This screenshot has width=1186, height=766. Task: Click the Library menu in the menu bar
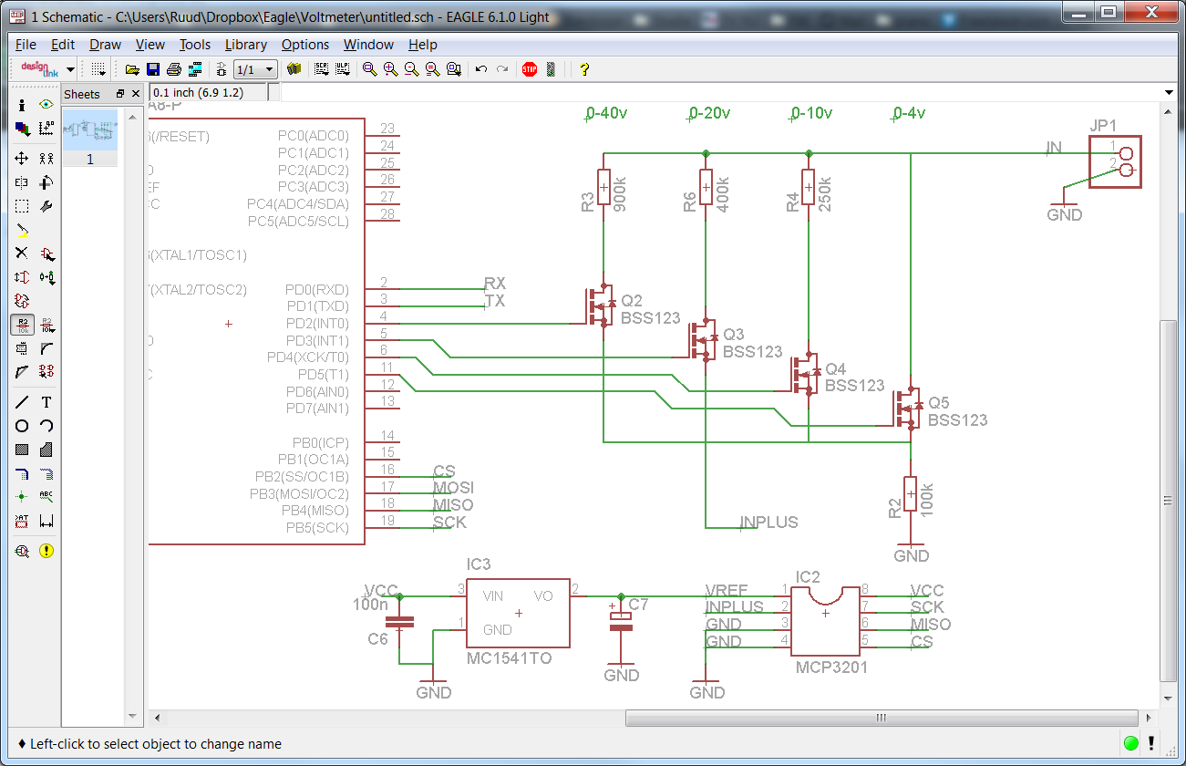coord(245,45)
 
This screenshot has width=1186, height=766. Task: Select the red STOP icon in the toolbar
coord(530,69)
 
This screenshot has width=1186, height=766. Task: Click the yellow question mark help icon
coord(584,69)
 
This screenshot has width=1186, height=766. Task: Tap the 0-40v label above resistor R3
coord(606,113)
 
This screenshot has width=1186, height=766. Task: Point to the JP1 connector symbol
coord(1115,162)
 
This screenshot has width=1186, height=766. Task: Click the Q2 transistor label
coord(631,302)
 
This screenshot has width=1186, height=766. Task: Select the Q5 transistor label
coord(938,404)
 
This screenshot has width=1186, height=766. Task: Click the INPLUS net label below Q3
coord(768,523)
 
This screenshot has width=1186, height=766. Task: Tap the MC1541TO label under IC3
coord(509,658)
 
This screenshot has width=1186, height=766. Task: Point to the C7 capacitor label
coord(638,605)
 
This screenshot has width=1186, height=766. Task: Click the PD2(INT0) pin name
coord(316,324)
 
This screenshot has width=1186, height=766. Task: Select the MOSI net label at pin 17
coord(453,489)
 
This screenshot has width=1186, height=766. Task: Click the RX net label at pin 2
coord(494,284)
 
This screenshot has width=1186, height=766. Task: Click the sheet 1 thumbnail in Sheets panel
coord(90,130)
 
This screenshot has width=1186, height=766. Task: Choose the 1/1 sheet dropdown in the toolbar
coord(255,69)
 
